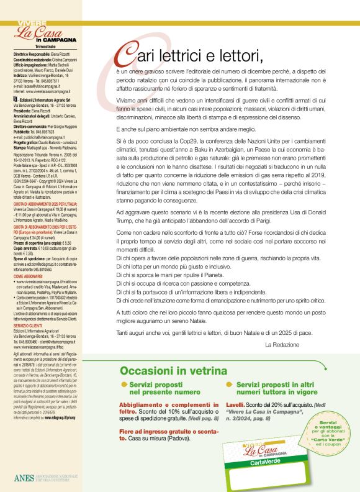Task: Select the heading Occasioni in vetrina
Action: (173, 371)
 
